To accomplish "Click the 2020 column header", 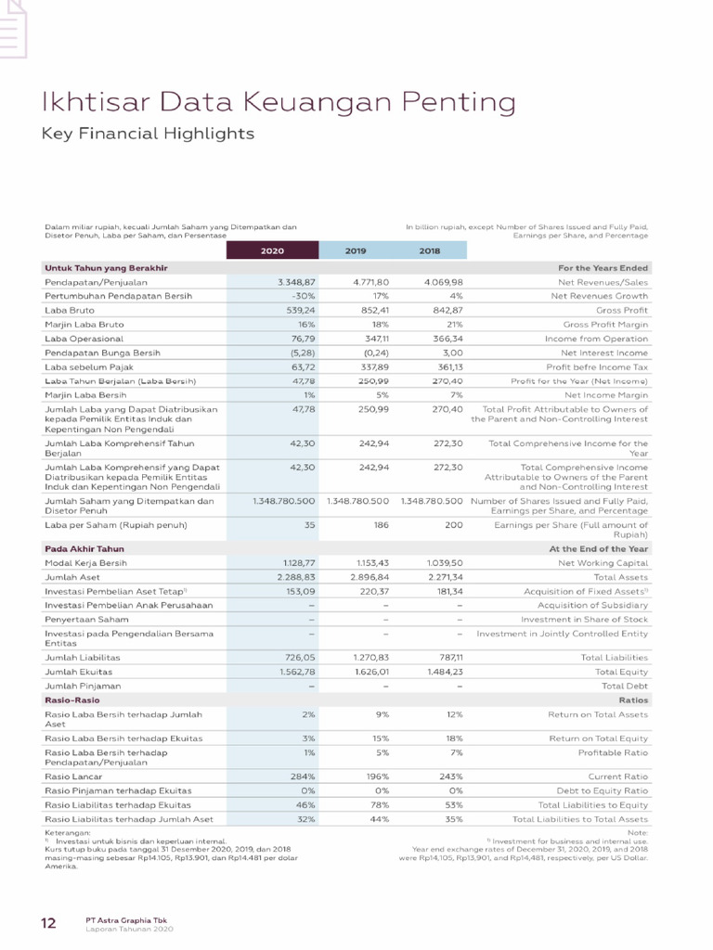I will coord(272,250).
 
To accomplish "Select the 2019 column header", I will coord(356,250).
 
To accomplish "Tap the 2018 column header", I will coord(429,250).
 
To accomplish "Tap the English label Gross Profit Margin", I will coord(605,325).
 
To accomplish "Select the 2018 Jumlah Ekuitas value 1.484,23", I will coord(442,671).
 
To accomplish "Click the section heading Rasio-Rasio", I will coord(72,700).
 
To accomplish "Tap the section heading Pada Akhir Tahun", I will coord(84,549).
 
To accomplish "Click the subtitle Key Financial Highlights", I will coord(148,135).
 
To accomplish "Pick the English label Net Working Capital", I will coord(603,562).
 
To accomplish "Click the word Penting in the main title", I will coord(453,101).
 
